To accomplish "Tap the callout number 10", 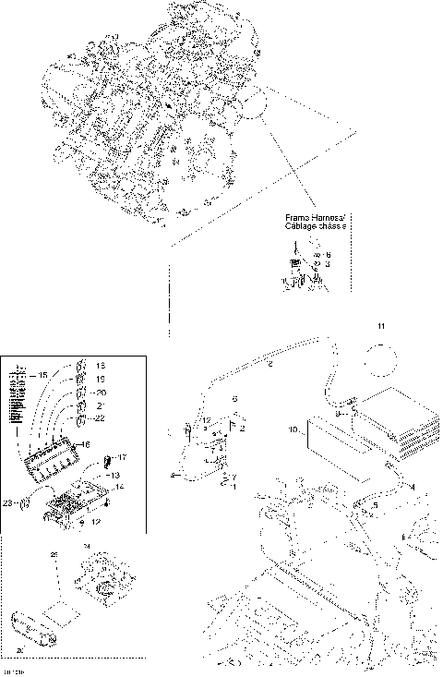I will click(292, 429).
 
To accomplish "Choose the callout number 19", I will click(101, 379).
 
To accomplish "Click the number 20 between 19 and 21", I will click(101, 392).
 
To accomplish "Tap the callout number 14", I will click(118, 486).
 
